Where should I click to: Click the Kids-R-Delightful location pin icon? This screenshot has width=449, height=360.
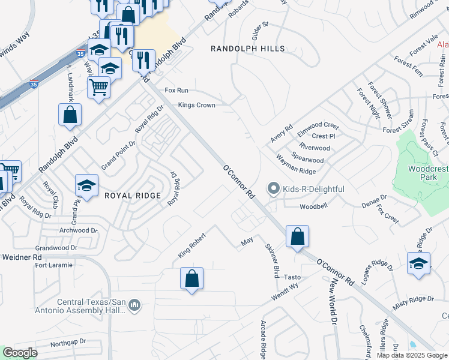[x=274, y=190]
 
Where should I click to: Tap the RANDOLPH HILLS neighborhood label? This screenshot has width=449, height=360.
[x=247, y=49]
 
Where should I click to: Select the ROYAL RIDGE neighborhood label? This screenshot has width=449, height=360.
[x=133, y=196]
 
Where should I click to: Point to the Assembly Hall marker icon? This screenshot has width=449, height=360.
[x=134, y=306]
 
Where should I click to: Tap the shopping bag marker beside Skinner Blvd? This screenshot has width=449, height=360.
[x=297, y=238]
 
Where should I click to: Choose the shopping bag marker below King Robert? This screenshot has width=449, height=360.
[x=191, y=279]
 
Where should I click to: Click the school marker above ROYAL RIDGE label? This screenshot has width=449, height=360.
[x=87, y=186]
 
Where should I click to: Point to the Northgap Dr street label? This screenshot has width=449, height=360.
[x=68, y=342]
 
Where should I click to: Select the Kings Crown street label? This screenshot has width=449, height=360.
[x=196, y=105]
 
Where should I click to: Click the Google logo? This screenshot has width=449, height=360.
[x=20, y=353]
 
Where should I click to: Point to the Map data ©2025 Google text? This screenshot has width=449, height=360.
[x=412, y=355]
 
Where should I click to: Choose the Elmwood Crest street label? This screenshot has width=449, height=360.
[x=319, y=126]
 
